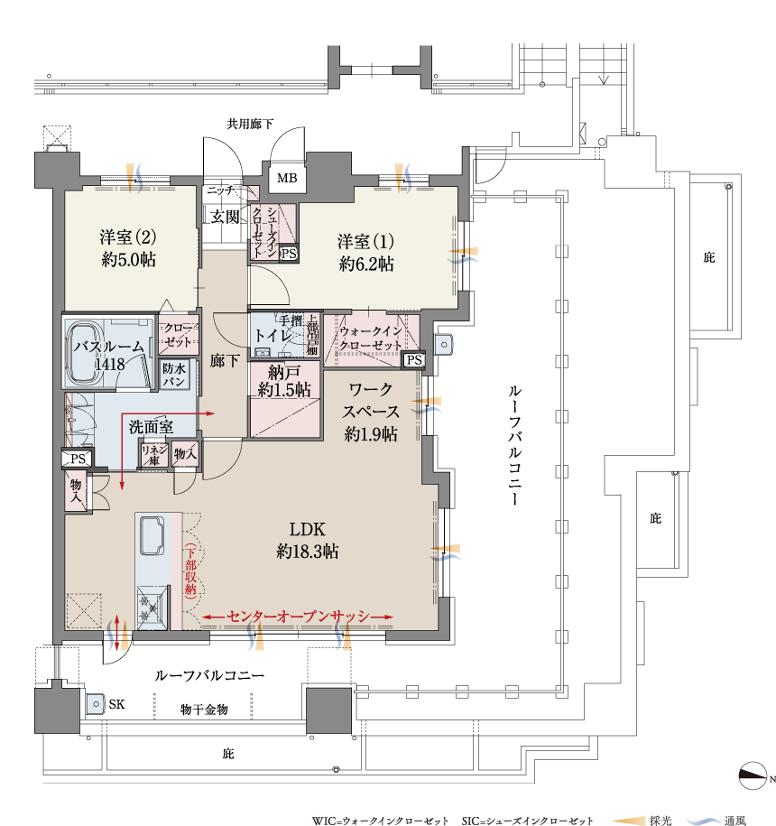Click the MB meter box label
[x=287, y=178]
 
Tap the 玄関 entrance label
[x=225, y=217]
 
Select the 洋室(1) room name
[x=365, y=241]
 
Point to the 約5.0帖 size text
[x=129, y=259]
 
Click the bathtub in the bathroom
[x=86, y=355]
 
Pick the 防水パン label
[x=174, y=375]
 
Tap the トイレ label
[x=273, y=335]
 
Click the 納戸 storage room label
[x=283, y=373]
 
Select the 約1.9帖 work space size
[x=371, y=433]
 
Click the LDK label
[x=308, y=529]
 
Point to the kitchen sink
[x=152, y=535]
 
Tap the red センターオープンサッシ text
[x=299, y=617]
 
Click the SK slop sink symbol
[x=96, y=703]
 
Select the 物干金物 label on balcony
[x=204, y=710]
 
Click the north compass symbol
[x=753, y=775]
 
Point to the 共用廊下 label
[x=250, y=124]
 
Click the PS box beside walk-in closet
[x=414, y=360]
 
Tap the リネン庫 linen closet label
[x=153, y=455]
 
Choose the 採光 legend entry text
[x=661, y=821]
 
